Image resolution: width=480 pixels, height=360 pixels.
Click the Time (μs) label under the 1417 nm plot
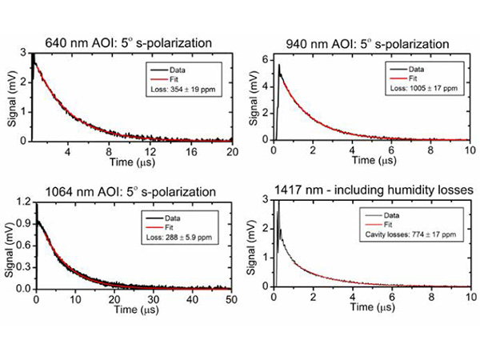click(364, 310)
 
